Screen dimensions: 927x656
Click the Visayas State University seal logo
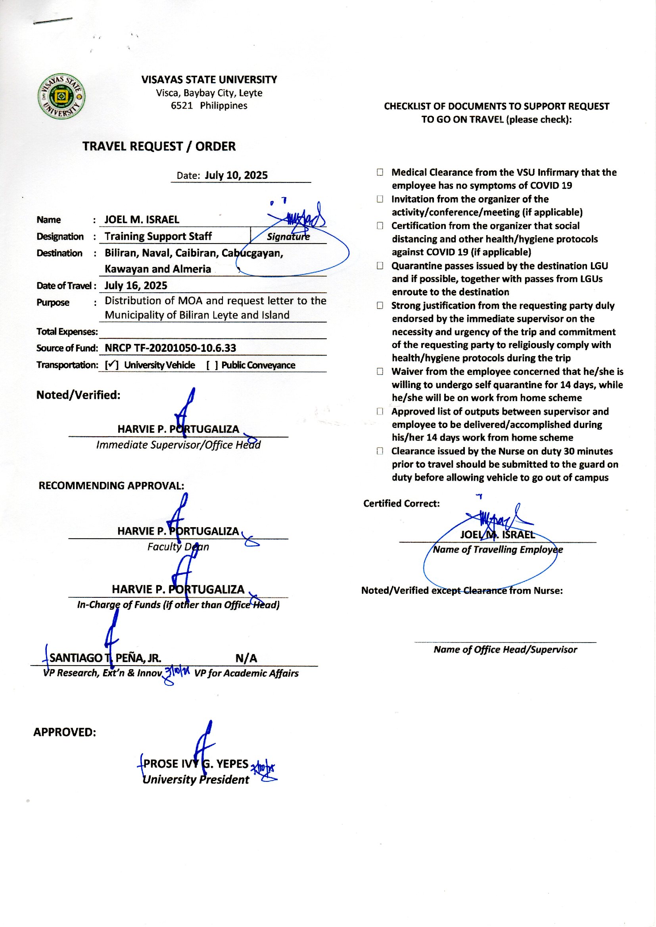click(x=61, y=96)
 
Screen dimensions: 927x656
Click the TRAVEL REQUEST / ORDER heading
click(x=159, y=146)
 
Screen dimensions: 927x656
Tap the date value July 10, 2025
click(x=236, y=175)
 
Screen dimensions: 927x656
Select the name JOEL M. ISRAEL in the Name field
click(x=142, y=220)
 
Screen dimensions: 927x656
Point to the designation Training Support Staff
click(x=158, y=236)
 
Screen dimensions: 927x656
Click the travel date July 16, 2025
click(x=136, y=286)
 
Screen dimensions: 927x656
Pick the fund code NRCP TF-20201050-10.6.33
click(x=170, y=348)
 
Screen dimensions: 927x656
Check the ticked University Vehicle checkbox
click(x=111, y=365)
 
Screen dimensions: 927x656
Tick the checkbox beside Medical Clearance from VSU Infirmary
click(x=380, y=173)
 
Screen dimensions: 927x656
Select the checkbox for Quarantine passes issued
click(x=380, y=266)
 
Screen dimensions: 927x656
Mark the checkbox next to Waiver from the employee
click(x=380, y=372)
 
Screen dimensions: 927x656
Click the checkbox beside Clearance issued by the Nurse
click(x=380, y=451)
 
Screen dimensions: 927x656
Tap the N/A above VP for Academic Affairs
click(x=246, y=658)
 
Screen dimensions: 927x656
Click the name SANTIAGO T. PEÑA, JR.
click(x=105, y=658)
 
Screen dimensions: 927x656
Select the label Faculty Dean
click(x=178, y=547)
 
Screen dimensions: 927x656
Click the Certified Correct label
click(x=401, y=503)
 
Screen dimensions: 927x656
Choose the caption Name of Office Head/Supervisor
click(x=505, y=649)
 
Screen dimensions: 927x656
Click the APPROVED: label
click(x=65, y=732)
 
